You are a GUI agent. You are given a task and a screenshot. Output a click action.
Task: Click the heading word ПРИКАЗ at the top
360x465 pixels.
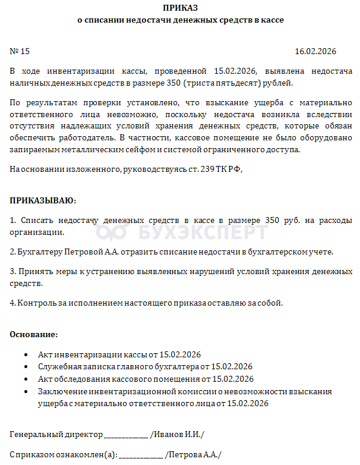[x=181, y=8]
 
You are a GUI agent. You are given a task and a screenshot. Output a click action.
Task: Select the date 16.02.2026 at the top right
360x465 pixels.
[x=323, y=51]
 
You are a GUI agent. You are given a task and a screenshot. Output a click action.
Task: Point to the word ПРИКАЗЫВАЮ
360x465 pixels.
[x=43, y=200]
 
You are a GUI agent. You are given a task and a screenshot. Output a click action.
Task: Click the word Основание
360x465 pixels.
[x=34, y=335]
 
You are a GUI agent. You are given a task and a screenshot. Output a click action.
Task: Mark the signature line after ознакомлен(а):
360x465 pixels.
[x=141, y=455]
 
